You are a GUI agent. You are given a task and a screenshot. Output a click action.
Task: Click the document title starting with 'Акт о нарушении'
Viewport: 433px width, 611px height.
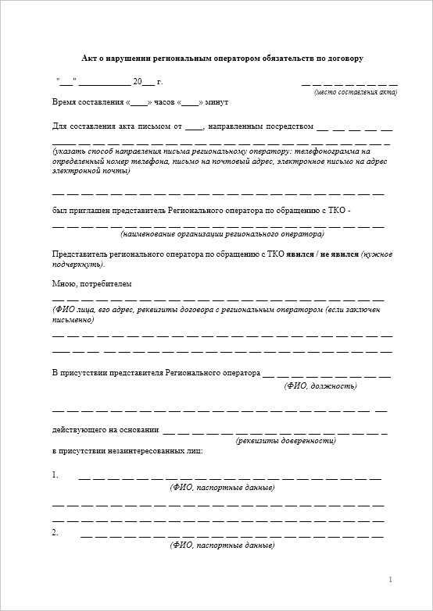coord(223,59)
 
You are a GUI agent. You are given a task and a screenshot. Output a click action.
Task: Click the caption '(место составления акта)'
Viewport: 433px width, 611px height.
coord(356,92)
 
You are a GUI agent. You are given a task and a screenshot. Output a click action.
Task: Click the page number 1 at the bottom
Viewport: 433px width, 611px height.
coord(389,579)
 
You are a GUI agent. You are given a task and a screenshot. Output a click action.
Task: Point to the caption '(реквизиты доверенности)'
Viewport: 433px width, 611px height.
coord(286,441)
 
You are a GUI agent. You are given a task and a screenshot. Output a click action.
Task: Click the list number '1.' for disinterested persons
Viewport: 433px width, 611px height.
coord(55,474)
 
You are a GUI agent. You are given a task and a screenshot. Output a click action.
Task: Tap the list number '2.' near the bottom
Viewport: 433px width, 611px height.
coord(55,532)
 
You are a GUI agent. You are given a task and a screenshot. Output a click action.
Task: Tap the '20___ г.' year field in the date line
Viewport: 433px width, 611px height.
coord(148,81)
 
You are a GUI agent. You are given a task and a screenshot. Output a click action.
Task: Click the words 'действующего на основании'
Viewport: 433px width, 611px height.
coord(106,429)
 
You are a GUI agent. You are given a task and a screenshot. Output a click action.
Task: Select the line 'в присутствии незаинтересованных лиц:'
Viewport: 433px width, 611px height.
coord(127,451)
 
